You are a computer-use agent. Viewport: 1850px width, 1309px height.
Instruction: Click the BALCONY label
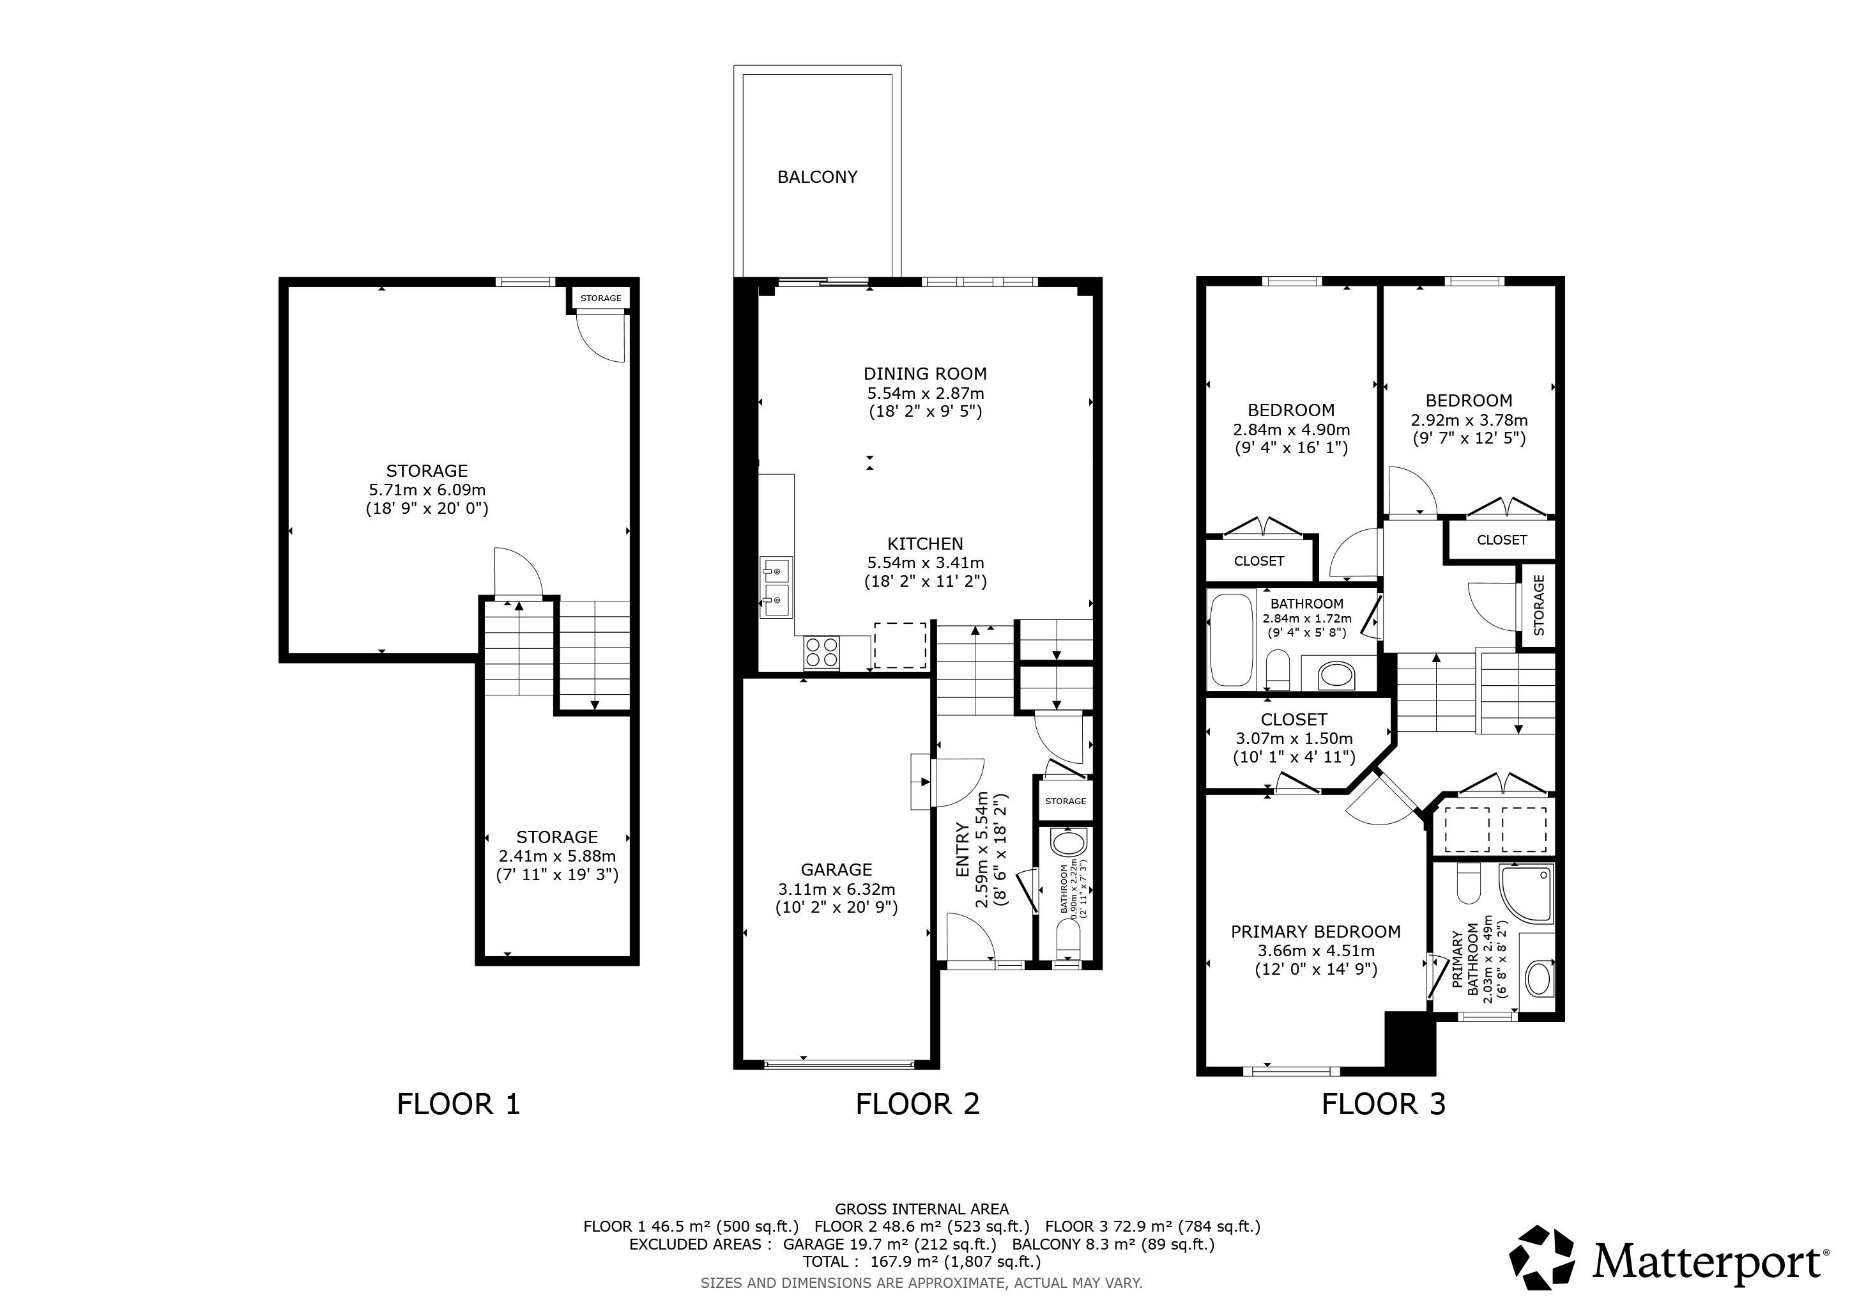click(817, 177)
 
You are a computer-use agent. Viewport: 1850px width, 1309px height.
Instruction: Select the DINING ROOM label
click(925, 374)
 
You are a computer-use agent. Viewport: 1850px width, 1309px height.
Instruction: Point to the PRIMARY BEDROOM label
click(1316, 932)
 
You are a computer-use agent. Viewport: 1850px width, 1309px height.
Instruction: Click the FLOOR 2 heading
click(918, 1103)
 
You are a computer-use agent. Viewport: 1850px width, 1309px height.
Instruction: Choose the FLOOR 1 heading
click(459, 1103)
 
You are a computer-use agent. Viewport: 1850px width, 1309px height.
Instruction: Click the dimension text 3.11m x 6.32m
click(836, 889)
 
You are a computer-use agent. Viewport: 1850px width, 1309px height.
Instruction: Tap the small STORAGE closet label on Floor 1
click(601, 298)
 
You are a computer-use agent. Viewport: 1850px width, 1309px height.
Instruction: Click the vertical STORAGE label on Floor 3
click(1539, 605)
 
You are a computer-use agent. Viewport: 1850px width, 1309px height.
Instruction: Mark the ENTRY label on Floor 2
click(962, 849)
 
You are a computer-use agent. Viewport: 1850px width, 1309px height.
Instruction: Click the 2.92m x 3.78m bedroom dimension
click(1469, 420)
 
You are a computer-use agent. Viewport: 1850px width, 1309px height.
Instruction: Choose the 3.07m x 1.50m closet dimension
click(1294, 738)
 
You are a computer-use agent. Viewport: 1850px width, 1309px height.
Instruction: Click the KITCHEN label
click(925, 544)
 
